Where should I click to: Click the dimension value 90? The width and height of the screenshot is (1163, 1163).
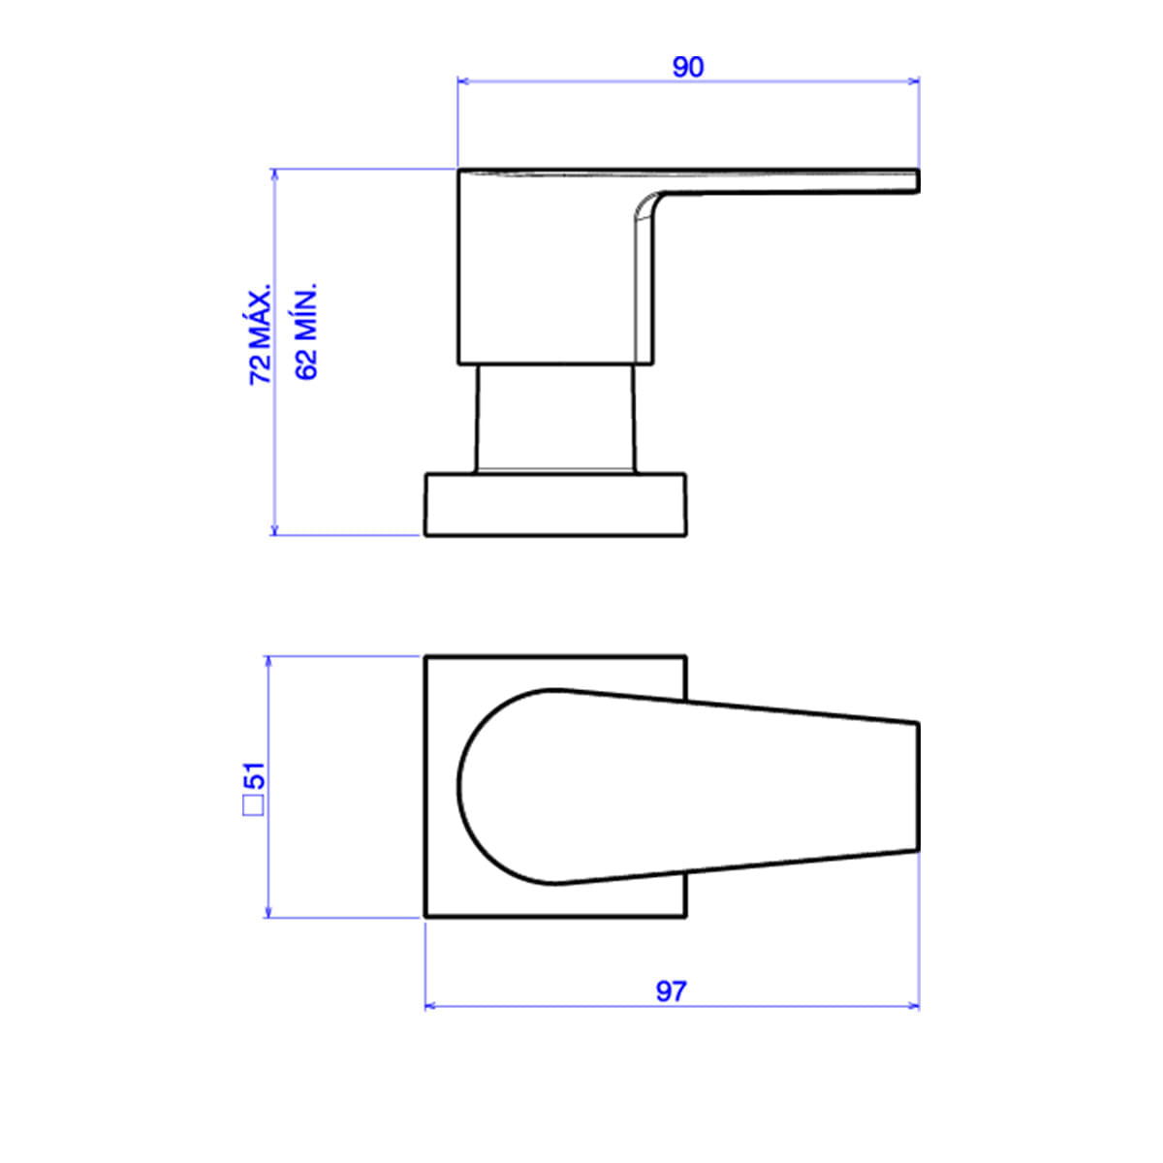pyautogui.click(x=687, y=68)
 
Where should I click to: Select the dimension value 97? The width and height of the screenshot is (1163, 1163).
pyautogui.click(x=671, y=991)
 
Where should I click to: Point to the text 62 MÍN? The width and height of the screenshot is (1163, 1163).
pyautogui.click(x=306, y=330)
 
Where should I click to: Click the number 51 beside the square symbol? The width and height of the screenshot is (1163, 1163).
pyautogui.click(x=254, y=775)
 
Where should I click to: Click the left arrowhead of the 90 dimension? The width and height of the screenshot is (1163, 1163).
pyautogui.click(x=463, y=80)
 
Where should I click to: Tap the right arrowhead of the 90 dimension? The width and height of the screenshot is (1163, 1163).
pyautogui.click(x=913, y=80)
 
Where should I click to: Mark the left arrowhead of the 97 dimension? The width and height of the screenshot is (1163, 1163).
pyautogui.click(x=431, y=1007)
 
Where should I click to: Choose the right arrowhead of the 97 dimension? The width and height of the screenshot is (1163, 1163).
pyautogui.click(x=913, y=1007)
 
